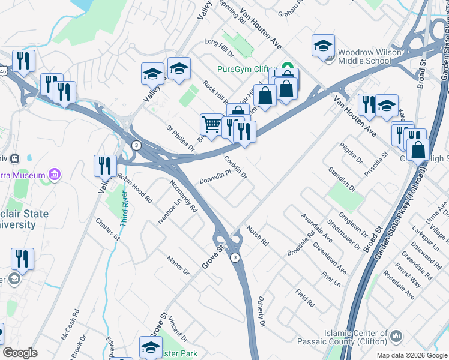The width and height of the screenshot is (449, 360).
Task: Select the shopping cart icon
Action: click(211, 124)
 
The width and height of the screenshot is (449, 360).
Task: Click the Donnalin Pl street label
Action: click(215, 179)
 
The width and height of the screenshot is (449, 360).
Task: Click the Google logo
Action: click(20, 353)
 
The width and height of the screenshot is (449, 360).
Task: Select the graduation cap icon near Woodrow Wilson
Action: click(323, 46)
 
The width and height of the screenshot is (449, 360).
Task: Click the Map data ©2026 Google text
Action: click(412, 355)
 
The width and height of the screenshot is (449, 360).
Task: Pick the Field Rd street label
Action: click(305, 298)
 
